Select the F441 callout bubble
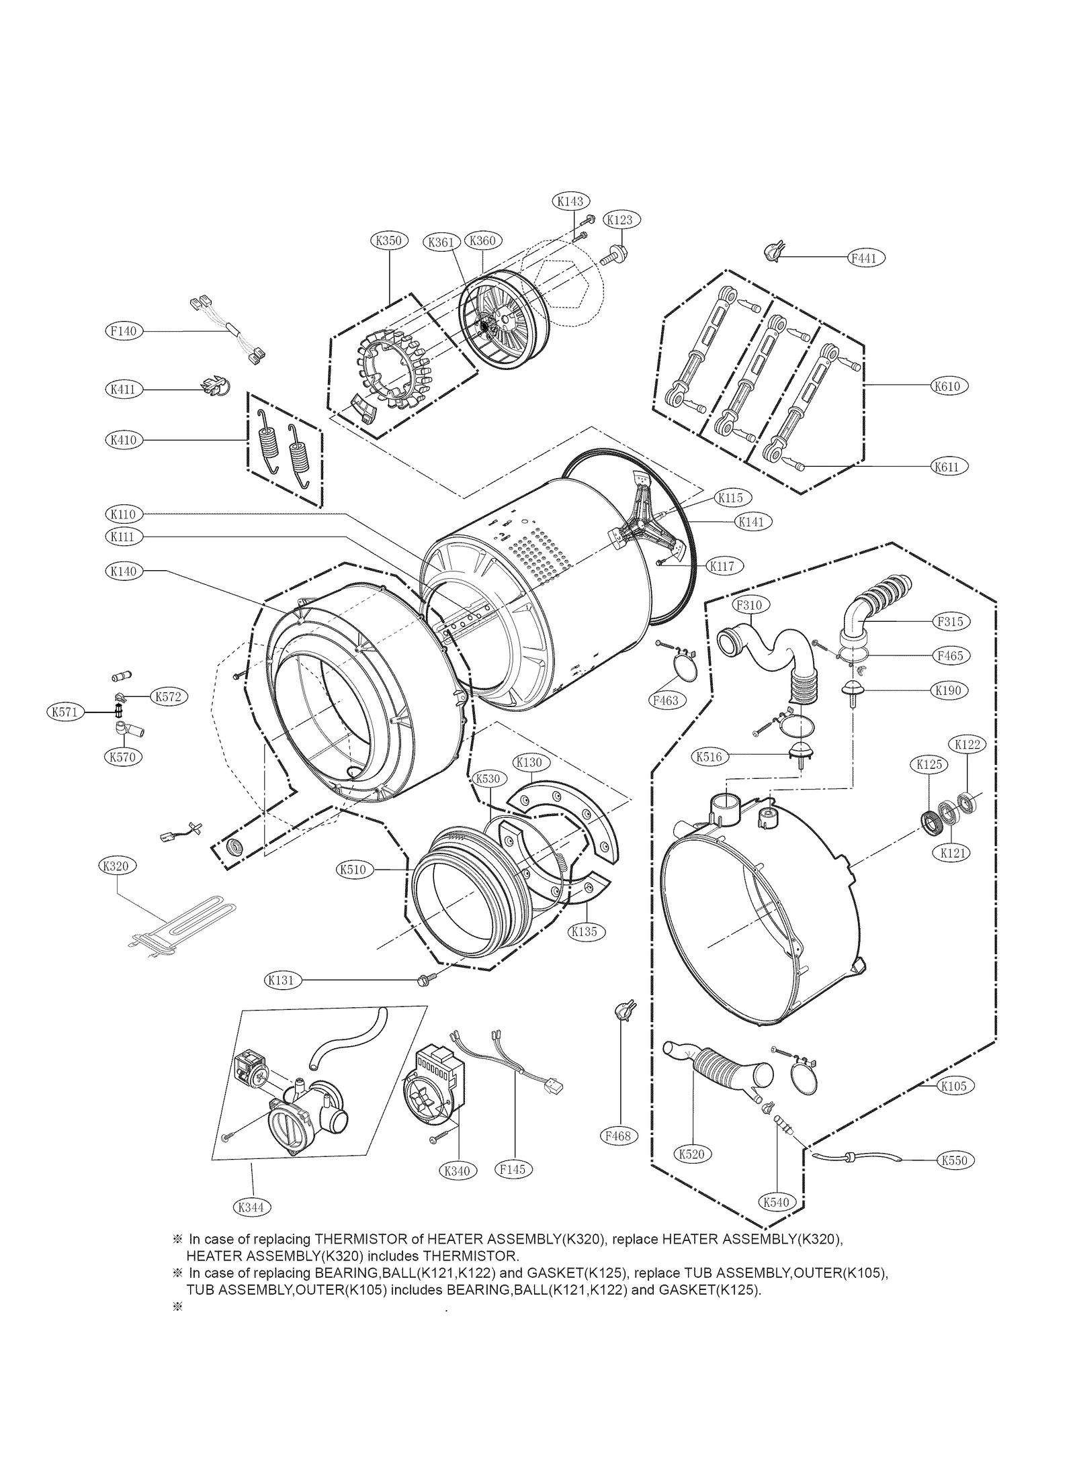[865, 258]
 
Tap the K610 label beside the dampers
[947, 386]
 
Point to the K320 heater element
[181, 923]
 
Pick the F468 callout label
[617, 1136]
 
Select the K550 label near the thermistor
[954, 1160]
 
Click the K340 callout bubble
[457, 1171]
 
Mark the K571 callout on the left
[64, 712]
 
